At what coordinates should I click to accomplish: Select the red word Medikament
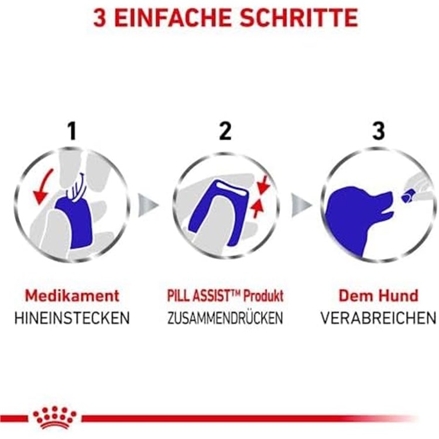point(72,295)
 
